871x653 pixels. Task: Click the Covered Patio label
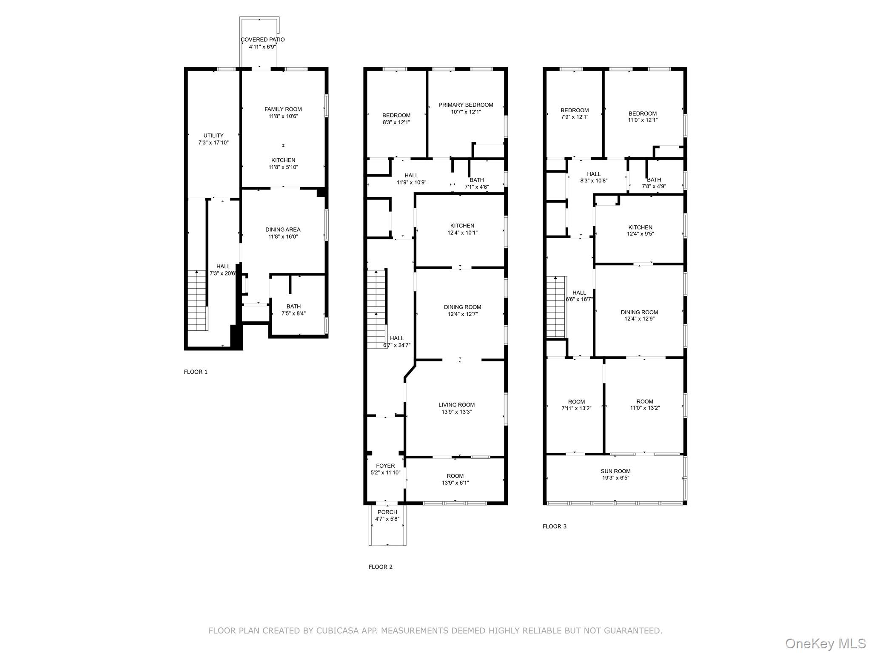point(262,40)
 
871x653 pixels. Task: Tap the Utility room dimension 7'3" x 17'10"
point(213,143)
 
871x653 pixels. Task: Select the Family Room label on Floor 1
point(283,109)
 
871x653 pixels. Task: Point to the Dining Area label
point(283,230)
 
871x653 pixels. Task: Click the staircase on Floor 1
point(198,301)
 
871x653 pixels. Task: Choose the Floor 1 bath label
point(293,307)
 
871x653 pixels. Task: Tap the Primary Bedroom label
point(466,105)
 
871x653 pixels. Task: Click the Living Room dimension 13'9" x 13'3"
point(456,412)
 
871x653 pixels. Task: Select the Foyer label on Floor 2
point(385,466)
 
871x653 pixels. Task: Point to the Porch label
point(387,512)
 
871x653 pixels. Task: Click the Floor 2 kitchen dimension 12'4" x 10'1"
point(462,233)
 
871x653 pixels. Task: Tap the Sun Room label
point(615,471)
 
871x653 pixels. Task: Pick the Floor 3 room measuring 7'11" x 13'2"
point(576,405)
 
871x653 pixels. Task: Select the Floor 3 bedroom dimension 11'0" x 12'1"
point(642,120)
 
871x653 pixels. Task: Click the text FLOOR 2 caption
point(380,567)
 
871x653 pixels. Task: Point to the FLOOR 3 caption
point(554,526)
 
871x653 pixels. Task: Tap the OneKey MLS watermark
point(825,644)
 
